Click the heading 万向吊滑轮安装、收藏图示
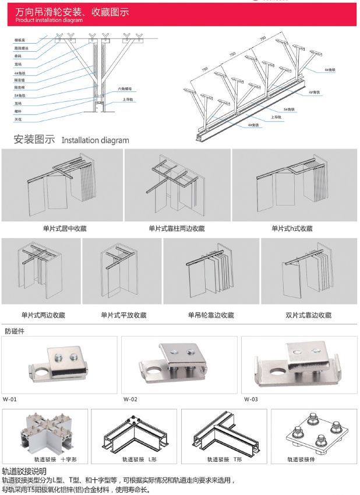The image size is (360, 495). pyautogui.click(x=69, y=12)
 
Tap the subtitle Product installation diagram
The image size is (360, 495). pyautogui.click(x=41, y=20)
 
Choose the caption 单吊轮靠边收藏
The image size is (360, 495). pyautogui.click(x=210, y=315)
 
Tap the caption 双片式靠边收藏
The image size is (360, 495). pyautogui.click(x=308, y=315)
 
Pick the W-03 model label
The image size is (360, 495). pyautogui.click(x=250, y=399)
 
